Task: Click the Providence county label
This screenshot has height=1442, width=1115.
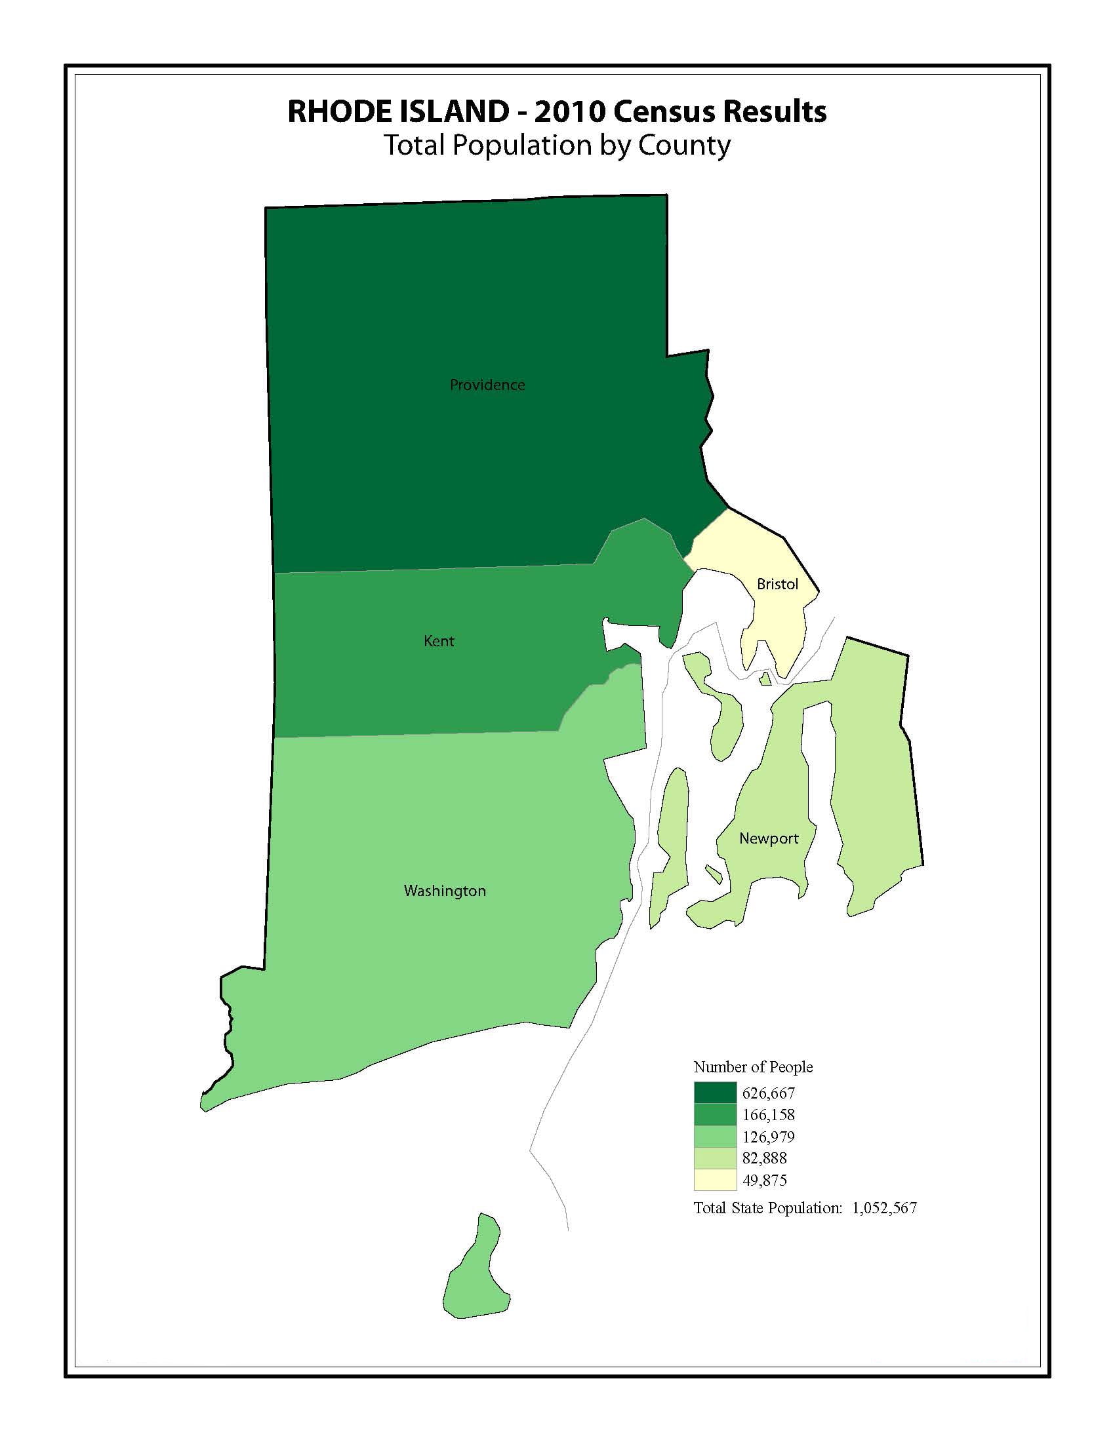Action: [487, 385]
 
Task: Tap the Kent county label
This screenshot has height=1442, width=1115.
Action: [439, 641]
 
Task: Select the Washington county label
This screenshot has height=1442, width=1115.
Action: [445, 891]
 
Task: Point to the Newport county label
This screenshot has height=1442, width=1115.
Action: [768, 838]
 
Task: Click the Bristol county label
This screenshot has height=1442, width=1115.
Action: [777, 584]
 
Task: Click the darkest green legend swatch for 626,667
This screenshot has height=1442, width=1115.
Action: [715, 1093]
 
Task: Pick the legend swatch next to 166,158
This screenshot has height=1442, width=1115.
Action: [715, 1114]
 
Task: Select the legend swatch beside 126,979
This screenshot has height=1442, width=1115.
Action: [715, 1137]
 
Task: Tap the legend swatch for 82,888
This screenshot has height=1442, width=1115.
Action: [715, 1158]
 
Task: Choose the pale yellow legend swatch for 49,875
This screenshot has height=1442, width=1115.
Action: [715, 1180]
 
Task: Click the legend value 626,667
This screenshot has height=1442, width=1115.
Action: [768, 1093]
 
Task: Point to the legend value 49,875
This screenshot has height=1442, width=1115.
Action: [765, 1180]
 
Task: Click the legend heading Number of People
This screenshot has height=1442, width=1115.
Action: [752, 1067]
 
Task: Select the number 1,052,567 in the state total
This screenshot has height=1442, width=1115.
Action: [884, 1208]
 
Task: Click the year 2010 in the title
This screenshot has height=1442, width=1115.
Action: [569, 111]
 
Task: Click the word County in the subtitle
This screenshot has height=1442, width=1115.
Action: [683, 146]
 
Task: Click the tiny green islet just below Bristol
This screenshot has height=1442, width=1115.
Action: [765, 679]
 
